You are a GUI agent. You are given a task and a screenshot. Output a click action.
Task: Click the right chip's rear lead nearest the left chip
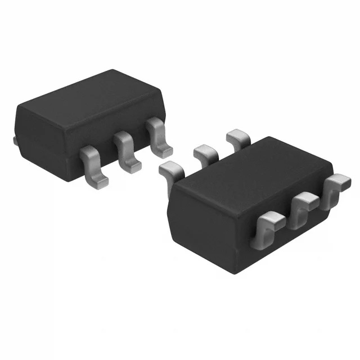tap(171, 169)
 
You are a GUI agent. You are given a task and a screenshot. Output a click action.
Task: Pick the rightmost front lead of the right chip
tap(336, 186)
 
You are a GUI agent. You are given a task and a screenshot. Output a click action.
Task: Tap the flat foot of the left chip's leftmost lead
tap(97, 178)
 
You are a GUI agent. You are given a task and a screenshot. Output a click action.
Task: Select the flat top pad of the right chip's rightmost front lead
tap(339, 182)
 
